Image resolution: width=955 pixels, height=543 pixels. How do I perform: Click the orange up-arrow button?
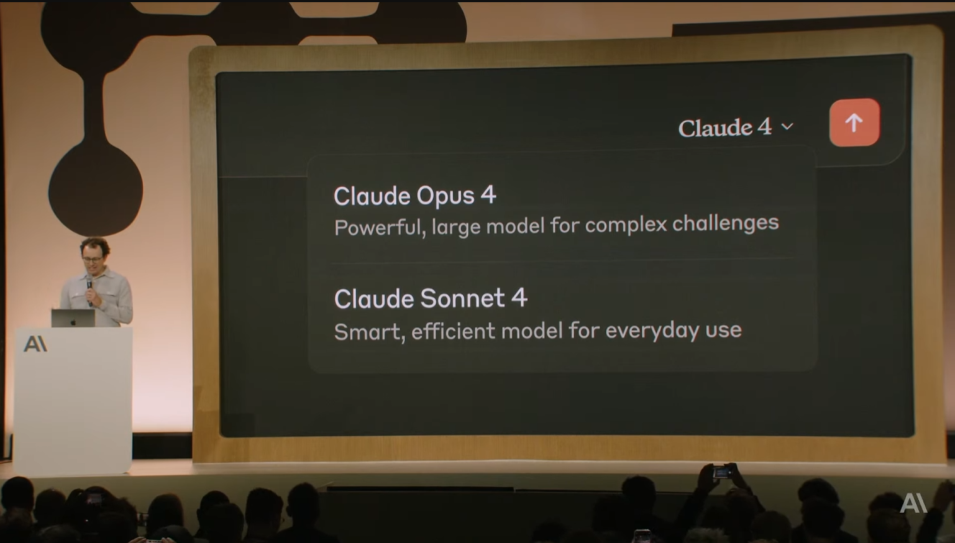(x=854, y=122)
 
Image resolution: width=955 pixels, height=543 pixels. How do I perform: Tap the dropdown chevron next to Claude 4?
(x=787, y=127)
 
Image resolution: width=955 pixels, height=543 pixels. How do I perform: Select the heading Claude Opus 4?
(x=415, y=196)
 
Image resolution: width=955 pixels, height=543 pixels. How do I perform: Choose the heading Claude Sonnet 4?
(x=431, y=298)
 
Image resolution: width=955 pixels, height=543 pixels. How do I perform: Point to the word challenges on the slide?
(x=726, y=223)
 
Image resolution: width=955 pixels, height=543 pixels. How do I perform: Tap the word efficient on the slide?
(x=454, y=331)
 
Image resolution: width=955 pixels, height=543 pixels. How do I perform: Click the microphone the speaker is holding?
(x=89, y=290)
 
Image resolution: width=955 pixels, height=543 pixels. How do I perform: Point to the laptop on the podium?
(x=73, y=318)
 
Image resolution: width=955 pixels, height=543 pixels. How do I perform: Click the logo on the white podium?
(x=35, y=344)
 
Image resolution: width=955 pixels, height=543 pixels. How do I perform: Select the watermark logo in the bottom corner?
(x=913, y=503)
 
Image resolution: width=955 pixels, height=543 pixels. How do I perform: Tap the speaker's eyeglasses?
(x=93, y=259)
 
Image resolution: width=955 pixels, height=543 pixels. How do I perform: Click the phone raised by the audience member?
(x=722, y=472)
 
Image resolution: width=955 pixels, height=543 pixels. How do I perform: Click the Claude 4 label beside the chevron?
(x=725, y=127)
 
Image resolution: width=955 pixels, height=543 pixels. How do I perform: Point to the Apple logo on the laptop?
(x=73, y=321)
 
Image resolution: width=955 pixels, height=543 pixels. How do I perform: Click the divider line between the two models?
(x=563, y=260)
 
